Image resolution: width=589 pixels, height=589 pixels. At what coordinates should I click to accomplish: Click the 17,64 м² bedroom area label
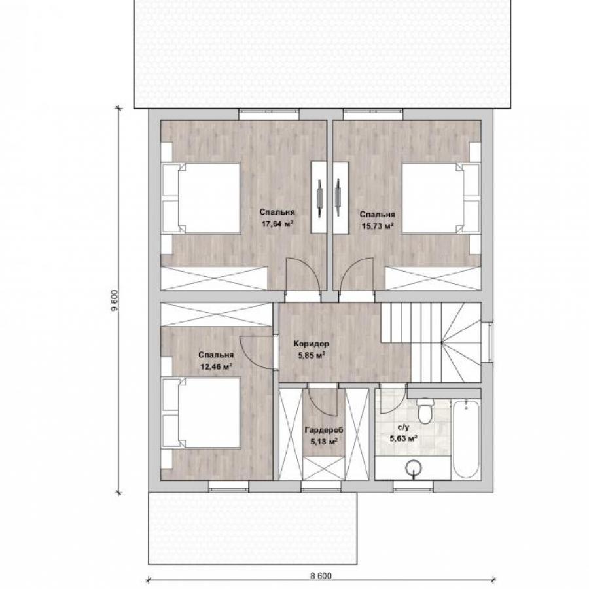pos(277,224)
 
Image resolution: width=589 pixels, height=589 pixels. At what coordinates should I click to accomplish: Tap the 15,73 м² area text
pos(378,226)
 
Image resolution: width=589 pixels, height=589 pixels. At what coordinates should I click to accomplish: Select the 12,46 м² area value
pos(216,366)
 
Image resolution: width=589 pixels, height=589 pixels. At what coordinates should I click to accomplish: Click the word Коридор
pos(312,344)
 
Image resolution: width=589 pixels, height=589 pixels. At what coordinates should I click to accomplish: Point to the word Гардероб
pos(324,430)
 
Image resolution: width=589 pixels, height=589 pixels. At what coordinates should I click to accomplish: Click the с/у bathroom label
pos(403,427)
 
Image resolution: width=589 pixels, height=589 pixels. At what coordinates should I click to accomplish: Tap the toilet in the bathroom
pos(425,410)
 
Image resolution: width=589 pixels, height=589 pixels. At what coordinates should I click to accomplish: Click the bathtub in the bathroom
pos(466,440)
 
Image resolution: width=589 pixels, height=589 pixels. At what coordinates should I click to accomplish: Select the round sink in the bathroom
pos(413,468)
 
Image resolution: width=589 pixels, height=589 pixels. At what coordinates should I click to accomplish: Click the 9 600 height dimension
pos(115,300)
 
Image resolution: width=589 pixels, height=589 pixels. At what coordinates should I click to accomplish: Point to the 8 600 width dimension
pos(321,576)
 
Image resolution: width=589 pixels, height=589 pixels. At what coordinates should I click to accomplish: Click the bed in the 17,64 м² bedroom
pos(201,198)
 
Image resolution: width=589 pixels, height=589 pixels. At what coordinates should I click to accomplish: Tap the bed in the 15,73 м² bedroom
pos(441,198)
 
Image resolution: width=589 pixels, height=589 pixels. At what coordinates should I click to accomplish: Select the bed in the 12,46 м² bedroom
pos(201,412)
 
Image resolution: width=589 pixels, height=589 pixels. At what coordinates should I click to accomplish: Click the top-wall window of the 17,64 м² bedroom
pos(269,115)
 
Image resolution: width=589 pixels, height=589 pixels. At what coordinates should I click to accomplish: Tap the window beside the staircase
pos(487,342)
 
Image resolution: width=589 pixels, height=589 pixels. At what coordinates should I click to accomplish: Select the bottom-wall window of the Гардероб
pos(321,486)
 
